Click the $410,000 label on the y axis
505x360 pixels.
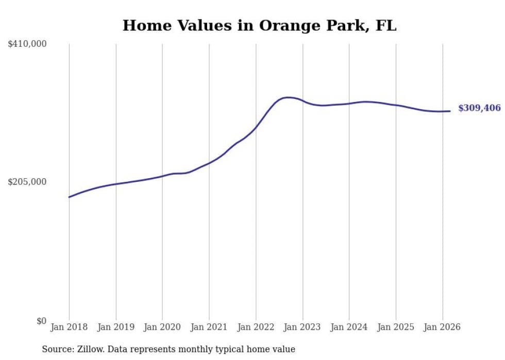pyautogui.click(x=27, y=44)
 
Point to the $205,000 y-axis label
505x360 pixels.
pyautogui.click(x=27, y=182)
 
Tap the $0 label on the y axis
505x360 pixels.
pyautogui.click(x=41, y=321)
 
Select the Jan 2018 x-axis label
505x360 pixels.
pyautogui.click(x=69, y=327)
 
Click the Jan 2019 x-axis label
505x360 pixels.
pyautogui.click(x=116, y=327)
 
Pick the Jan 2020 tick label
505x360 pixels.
pyautogui.click(x=162, y=327)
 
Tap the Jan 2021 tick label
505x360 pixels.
pyautogui.click(x=209, y=327)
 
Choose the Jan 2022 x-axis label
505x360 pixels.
pyautogui.click(x=256, y=327)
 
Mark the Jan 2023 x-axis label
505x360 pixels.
pyautogui.click(x=302, y=327)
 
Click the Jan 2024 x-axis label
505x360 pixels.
pyautogui.click(x=349, y=327)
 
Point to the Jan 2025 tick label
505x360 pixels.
pyautogui.click(x=396, y=327)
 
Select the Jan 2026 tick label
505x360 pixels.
pyautogui.click(x=442, y=327)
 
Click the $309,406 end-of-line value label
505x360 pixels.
pyautogui.click(x=479, y=108)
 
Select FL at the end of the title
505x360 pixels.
pyautogui.click(x=386, y=26)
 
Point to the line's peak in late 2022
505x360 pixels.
pyautogui.click(x=288, y=97)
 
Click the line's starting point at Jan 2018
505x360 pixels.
pyautogui.click(x=69, y=197)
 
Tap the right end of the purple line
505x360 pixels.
pyautogui.click(x=450, y=111)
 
